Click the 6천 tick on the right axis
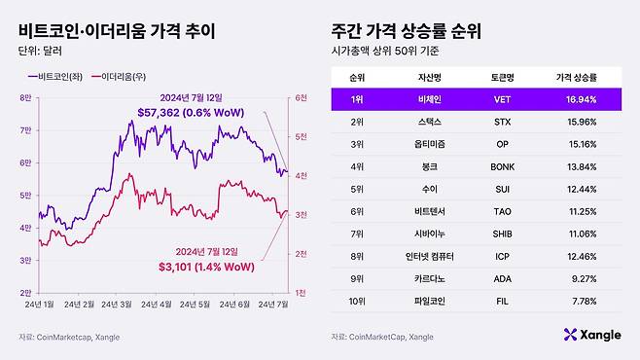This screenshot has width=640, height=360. pyautogui.click(x=302, y=97)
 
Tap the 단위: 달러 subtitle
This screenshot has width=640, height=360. pyautogui.click(x=39, y=51)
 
